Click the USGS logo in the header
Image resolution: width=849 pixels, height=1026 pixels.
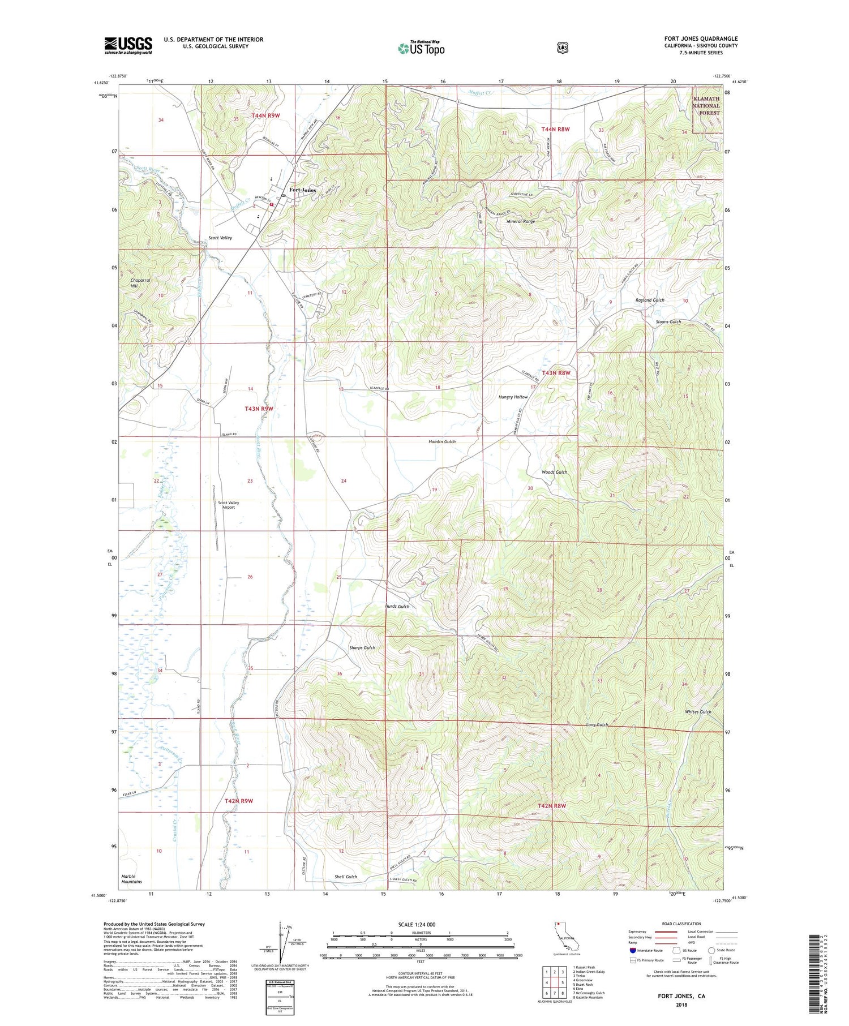point(128,45)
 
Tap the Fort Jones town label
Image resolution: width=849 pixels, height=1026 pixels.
point(303,190)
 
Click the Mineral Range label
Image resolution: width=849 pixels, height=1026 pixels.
point(520,222)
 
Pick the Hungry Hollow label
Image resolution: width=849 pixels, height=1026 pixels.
point(513,397)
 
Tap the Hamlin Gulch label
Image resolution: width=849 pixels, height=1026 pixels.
point(442,441)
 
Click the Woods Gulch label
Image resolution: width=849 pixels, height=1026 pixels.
point(554,472)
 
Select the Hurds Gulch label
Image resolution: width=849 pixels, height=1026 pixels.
point(397,606)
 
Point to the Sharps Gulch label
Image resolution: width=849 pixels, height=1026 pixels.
point(362,647)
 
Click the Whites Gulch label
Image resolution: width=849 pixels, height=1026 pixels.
point(698,712)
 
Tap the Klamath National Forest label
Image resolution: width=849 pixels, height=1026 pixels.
point(706,106)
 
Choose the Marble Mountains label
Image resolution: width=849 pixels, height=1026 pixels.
point(132,879)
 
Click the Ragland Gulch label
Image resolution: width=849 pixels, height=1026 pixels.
point(650,300)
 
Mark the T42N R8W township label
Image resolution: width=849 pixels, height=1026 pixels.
point(552,805)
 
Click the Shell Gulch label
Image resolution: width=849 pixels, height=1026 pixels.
point(345,877)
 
